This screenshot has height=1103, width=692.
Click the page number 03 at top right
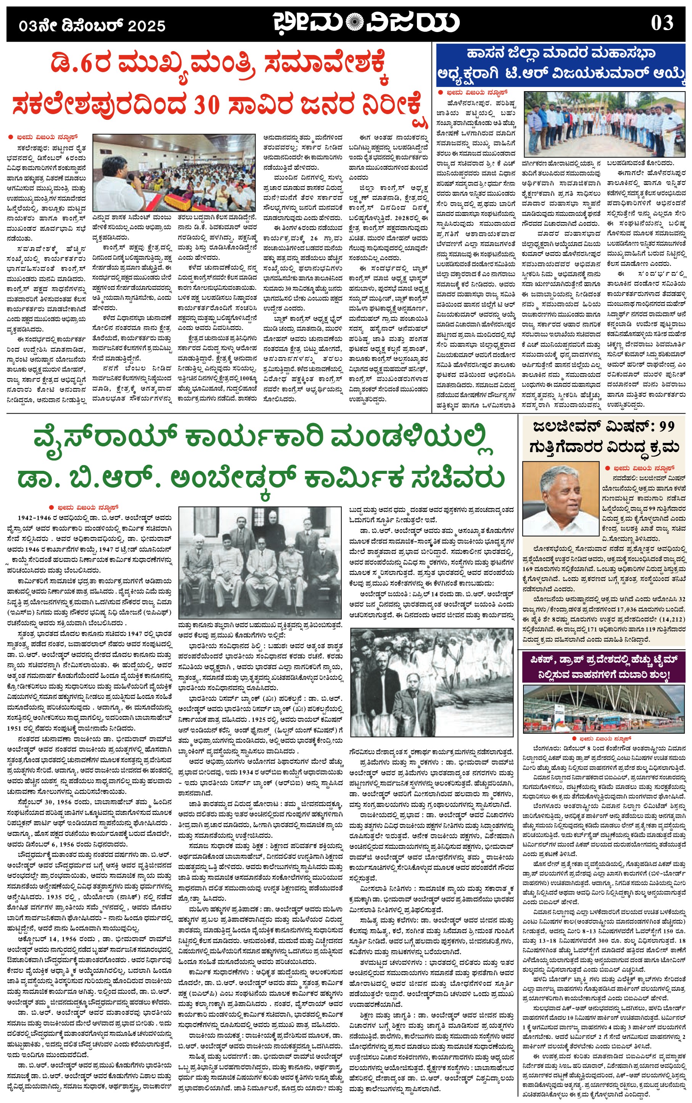(662, 23)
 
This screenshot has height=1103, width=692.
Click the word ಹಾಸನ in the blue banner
(484, 53)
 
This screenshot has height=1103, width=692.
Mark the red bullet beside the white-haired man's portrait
(608, 468)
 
